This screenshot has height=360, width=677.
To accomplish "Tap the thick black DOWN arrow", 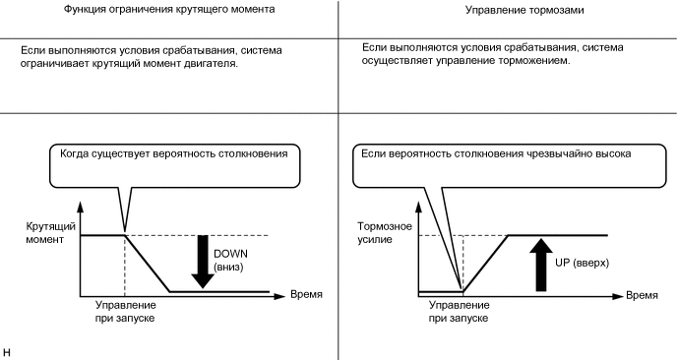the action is click(x=203, y=262).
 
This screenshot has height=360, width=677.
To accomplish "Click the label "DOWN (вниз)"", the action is click(x=231, y=260).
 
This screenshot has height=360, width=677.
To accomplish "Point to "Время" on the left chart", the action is click(x=306, y=294).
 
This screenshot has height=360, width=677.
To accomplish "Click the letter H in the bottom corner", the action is click(x=7, y=350).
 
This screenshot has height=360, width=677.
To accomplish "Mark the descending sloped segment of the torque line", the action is click(x=147, y=264).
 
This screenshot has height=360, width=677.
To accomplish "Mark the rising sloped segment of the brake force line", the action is click(x=485, y=264).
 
